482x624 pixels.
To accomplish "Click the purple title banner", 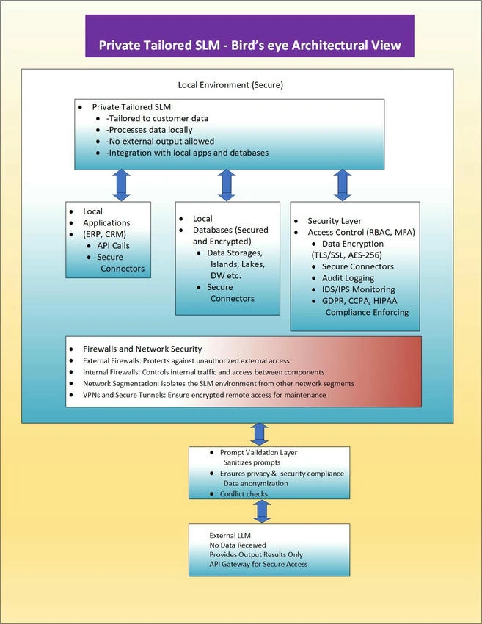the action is pos(249,36).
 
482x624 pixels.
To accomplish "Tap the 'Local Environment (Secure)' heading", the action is pos(230,84).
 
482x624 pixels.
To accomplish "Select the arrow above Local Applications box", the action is pos(121,186).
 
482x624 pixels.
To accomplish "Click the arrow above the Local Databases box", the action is pos(227,186).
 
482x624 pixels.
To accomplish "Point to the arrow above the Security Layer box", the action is pos(343,186).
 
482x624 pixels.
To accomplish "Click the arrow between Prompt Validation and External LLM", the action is pos(262,512).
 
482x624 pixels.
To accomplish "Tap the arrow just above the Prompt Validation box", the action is pos(259,434).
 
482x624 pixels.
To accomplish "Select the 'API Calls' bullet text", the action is pos(113,245).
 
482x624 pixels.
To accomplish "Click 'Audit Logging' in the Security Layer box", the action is pos(348,277).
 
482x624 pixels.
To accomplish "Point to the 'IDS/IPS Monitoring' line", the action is pos(358,289).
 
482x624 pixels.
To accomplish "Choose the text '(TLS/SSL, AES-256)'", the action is pos(347,255).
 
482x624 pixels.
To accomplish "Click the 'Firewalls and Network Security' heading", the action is pos(142,349).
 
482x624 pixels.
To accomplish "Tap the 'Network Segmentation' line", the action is pos(219,384).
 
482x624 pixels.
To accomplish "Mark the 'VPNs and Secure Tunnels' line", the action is pos(205,395).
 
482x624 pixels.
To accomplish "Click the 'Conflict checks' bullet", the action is pos(244,494).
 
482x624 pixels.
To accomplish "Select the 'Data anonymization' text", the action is pos(256,483).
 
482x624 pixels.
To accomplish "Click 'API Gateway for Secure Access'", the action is pos(258,564).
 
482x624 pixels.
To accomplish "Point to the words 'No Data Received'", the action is pos(238,545).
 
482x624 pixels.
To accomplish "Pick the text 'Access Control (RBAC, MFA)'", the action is pos(361,233).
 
